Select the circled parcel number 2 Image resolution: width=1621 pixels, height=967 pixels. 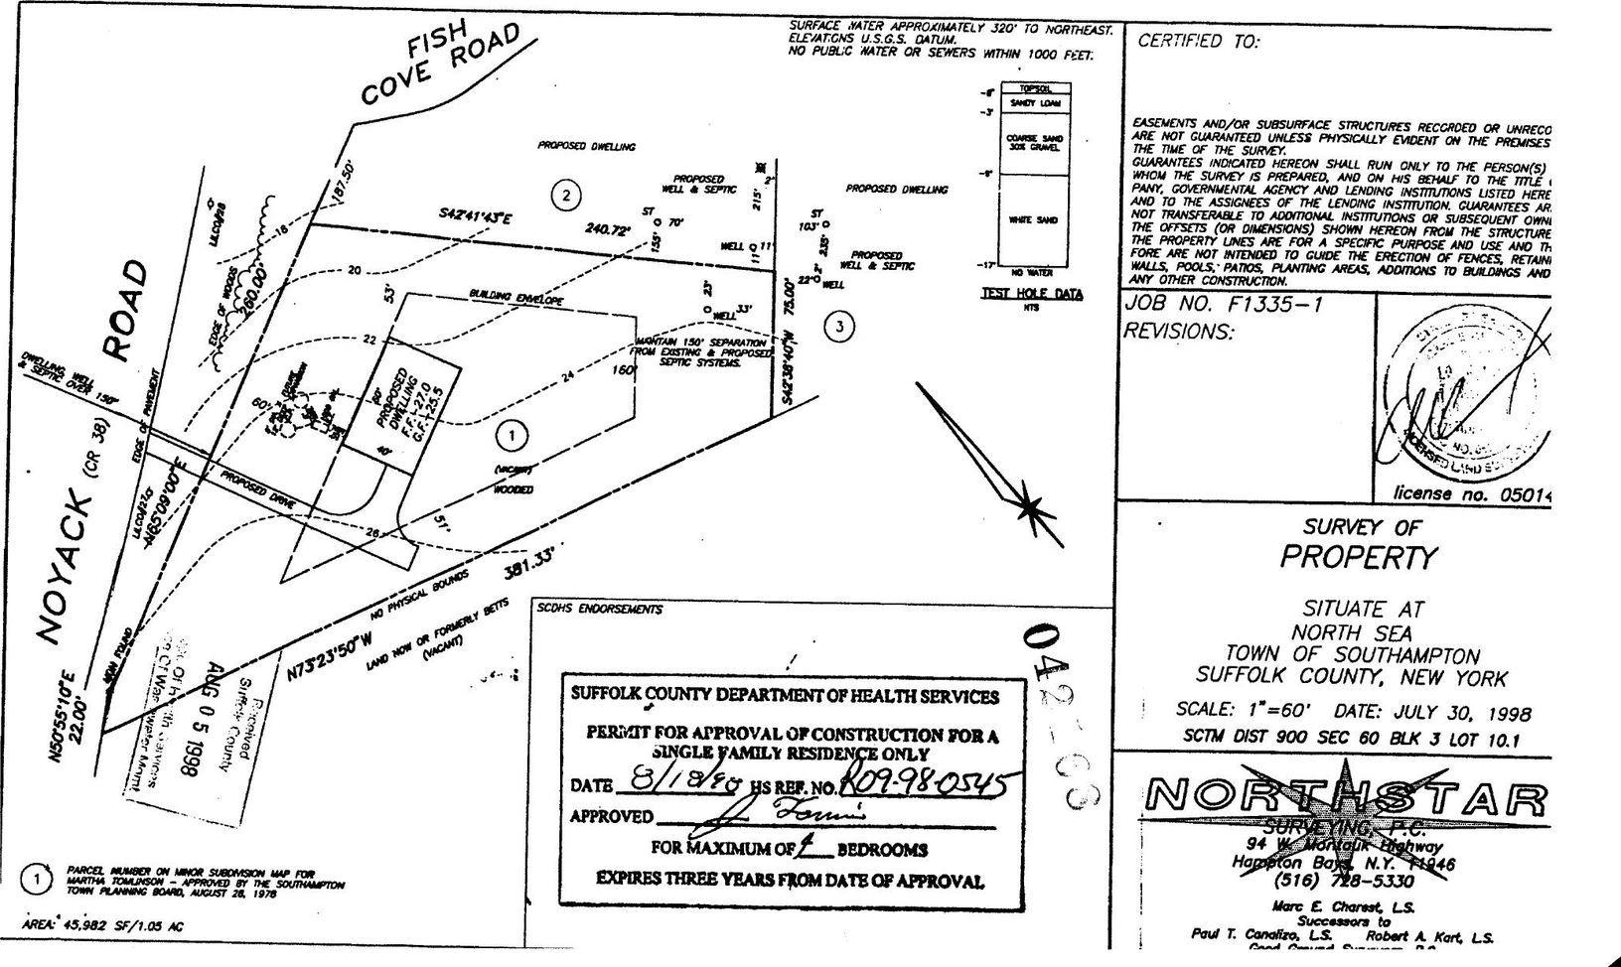pyautogui.click(x=566, y=196)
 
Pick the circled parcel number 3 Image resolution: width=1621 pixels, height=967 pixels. pyautogui.click(x=840, y=326)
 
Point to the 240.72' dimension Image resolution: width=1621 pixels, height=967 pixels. pyautogui.click(x=608, y=229)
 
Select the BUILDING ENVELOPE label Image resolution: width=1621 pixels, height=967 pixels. pyautogui.click(x=516, y=297)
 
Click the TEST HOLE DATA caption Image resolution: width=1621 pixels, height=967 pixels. pyautogui.click(x=1032, y=294)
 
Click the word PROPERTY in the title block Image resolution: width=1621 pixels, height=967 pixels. pyautogui.click(x=1358, y=557)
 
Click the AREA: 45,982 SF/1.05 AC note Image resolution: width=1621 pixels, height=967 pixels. pyautogui.click(x=103, y=926)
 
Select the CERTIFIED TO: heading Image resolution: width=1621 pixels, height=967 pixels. pyautogui.click(x=1198, y=42)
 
